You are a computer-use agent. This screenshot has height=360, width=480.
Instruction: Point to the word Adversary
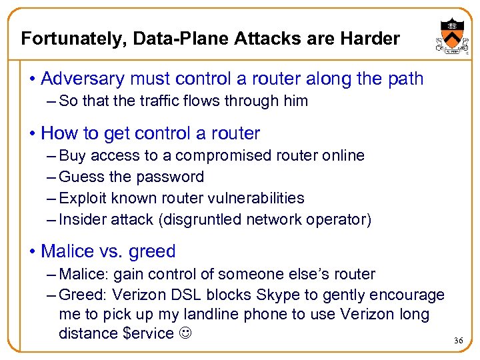[81, 79]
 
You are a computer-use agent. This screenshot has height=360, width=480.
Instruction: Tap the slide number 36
[458, 341]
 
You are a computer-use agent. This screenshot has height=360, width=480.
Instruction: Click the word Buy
[73, 155]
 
